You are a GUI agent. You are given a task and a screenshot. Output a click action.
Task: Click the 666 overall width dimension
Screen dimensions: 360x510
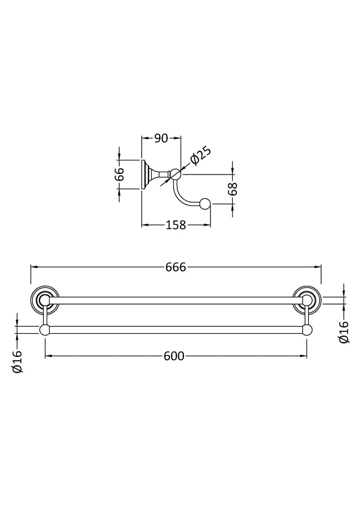(x=175, y=267)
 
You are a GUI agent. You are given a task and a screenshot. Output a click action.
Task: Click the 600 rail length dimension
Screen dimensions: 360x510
(x=174, y=356)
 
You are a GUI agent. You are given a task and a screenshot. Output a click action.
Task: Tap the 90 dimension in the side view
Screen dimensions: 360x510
(x=161, y=138)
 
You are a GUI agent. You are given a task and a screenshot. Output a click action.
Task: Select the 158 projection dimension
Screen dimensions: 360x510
(x=175, y=225)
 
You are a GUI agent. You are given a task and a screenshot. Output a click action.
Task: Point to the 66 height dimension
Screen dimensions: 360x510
(x=120, y=175)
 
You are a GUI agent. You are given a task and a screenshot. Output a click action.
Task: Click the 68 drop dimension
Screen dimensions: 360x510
(x=233, y=189)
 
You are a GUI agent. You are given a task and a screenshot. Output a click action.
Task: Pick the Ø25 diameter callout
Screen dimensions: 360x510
(x=200, y=156)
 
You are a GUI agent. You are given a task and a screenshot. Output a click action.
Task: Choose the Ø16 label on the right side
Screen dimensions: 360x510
(x=344, y=332)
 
